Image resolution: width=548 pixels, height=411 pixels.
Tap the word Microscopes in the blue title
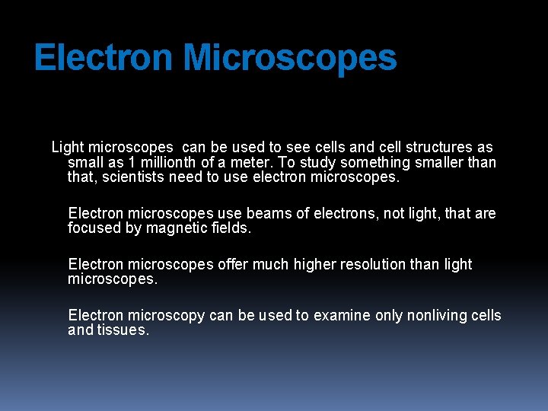pos(290,58)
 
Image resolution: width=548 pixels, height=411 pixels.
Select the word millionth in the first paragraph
pos(168,162)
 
